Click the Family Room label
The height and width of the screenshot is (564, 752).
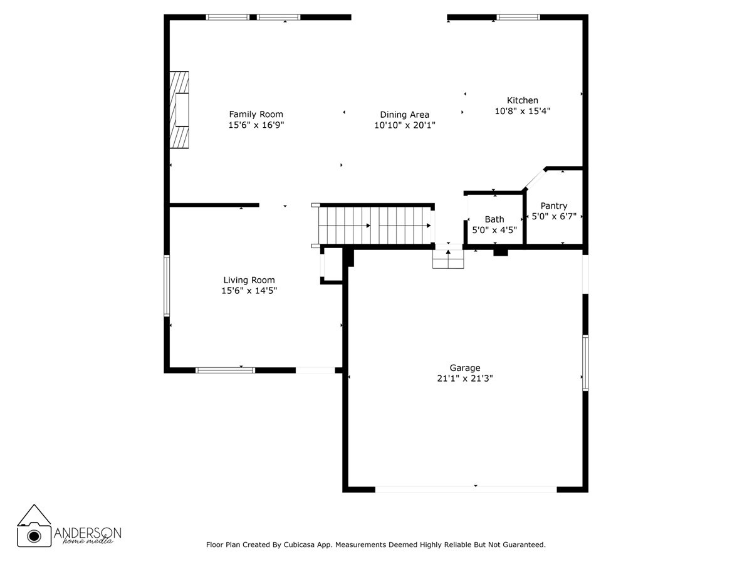[256, 114]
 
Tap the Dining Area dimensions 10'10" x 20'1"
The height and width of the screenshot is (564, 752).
[404, 125]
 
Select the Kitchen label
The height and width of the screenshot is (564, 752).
[522, 100]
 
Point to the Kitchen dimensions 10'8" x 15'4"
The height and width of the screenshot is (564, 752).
[522, 111]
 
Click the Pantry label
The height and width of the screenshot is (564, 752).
[554, 206]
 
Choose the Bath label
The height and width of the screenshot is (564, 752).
[494, 219]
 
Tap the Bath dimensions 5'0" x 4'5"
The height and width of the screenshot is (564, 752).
[494, 230]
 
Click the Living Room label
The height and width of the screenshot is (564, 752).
[249, 280]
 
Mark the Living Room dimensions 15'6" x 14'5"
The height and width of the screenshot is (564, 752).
[249, 291]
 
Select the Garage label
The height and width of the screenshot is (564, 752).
[464, 368]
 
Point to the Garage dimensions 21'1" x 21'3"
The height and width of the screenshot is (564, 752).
[464, 379]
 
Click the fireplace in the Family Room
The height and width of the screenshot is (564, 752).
[180, 110]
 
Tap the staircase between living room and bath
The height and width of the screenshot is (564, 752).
[375, 225]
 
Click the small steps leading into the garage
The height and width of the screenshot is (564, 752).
[447, 259]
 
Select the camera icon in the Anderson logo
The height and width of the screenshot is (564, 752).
[34, 535]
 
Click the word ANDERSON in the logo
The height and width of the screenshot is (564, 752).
[88, 532]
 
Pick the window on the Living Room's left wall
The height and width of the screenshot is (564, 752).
[167, 285]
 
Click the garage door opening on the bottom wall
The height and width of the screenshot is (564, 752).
[466, 489]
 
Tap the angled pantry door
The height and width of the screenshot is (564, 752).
[534, 179]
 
